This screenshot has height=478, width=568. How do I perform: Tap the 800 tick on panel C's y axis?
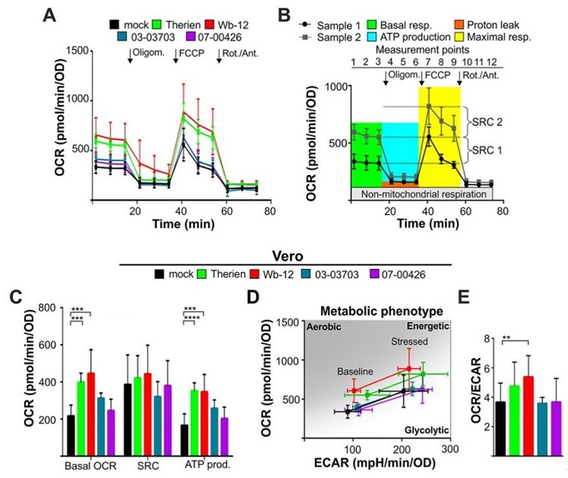click(x=48, y=307)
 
